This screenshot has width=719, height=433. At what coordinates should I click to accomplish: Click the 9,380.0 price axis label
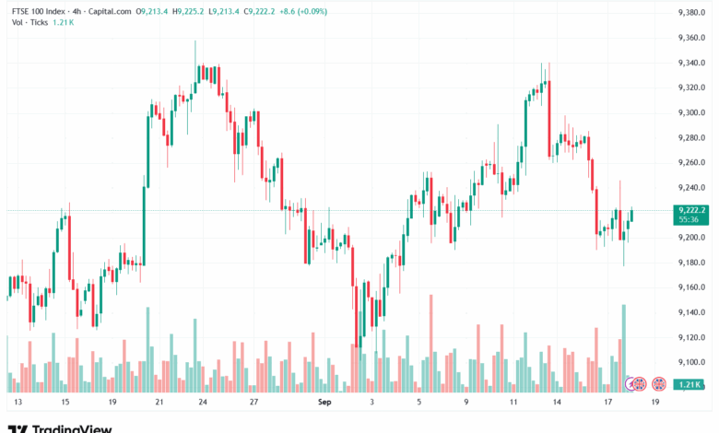pos(691,13)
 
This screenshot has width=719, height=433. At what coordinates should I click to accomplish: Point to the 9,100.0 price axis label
pos(691,362)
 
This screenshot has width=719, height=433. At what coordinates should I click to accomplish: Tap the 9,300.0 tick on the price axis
pos(691,112)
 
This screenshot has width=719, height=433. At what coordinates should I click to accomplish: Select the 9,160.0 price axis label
pos(691,287)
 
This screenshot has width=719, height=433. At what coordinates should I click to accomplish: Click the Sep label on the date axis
pos(324,403)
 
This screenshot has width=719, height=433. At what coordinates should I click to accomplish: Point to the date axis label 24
pos(203,403)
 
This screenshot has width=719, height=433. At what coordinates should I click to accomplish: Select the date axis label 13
pos(17,403)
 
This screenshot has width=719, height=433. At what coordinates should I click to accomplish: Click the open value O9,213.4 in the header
pos(153,12)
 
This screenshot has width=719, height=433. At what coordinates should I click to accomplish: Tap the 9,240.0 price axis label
pos(691,188)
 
